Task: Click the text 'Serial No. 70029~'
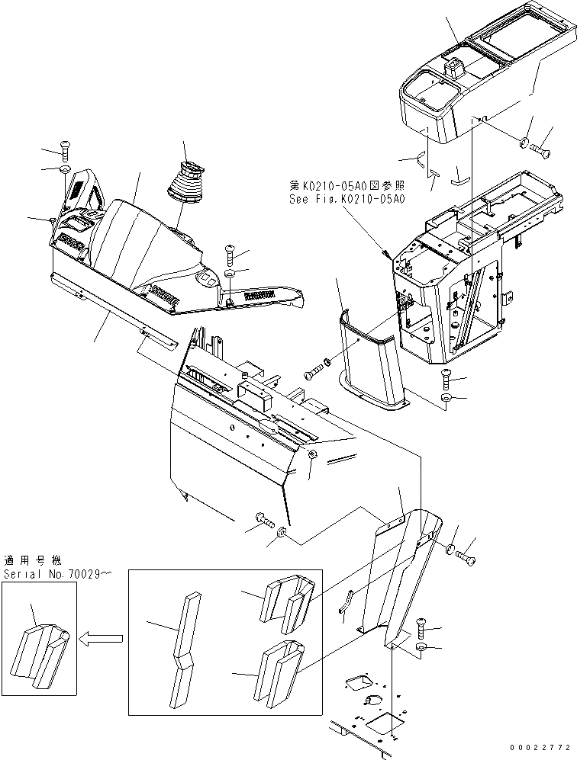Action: [x=57, y=574]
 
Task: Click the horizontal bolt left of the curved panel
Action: [x=313, y=373]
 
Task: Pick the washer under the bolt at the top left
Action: [x=64, y=168]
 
